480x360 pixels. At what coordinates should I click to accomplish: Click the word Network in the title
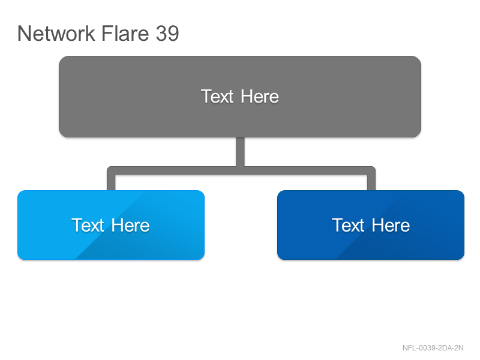point(56,33)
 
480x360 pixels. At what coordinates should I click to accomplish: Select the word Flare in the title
point(125,33)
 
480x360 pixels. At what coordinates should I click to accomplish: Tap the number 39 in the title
point(167,34)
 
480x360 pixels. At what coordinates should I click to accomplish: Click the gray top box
point(240,97)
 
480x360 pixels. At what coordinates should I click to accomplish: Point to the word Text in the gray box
point(217,97)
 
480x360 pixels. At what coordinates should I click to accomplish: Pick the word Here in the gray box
point(260,97)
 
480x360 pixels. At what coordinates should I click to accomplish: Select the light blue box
point(111,225)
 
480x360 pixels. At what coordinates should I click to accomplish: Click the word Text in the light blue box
point(88,226)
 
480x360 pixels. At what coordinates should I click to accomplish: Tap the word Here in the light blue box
point(130,226)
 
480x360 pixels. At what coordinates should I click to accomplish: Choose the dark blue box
point(371,225)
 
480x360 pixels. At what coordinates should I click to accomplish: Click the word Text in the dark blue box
point(348,226)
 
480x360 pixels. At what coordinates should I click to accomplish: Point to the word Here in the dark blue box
point(391,226)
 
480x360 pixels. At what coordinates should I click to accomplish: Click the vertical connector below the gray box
point(241,152)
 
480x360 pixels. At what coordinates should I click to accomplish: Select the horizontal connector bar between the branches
point(241,170)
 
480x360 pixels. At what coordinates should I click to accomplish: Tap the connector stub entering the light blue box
point(111,182)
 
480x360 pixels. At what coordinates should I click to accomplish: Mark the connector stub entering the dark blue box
point(371,182)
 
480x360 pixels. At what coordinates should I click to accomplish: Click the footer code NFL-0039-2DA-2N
point(433,348)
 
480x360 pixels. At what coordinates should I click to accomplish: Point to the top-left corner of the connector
point(107,167)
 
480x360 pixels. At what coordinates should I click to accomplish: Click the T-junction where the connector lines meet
point(241,170)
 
